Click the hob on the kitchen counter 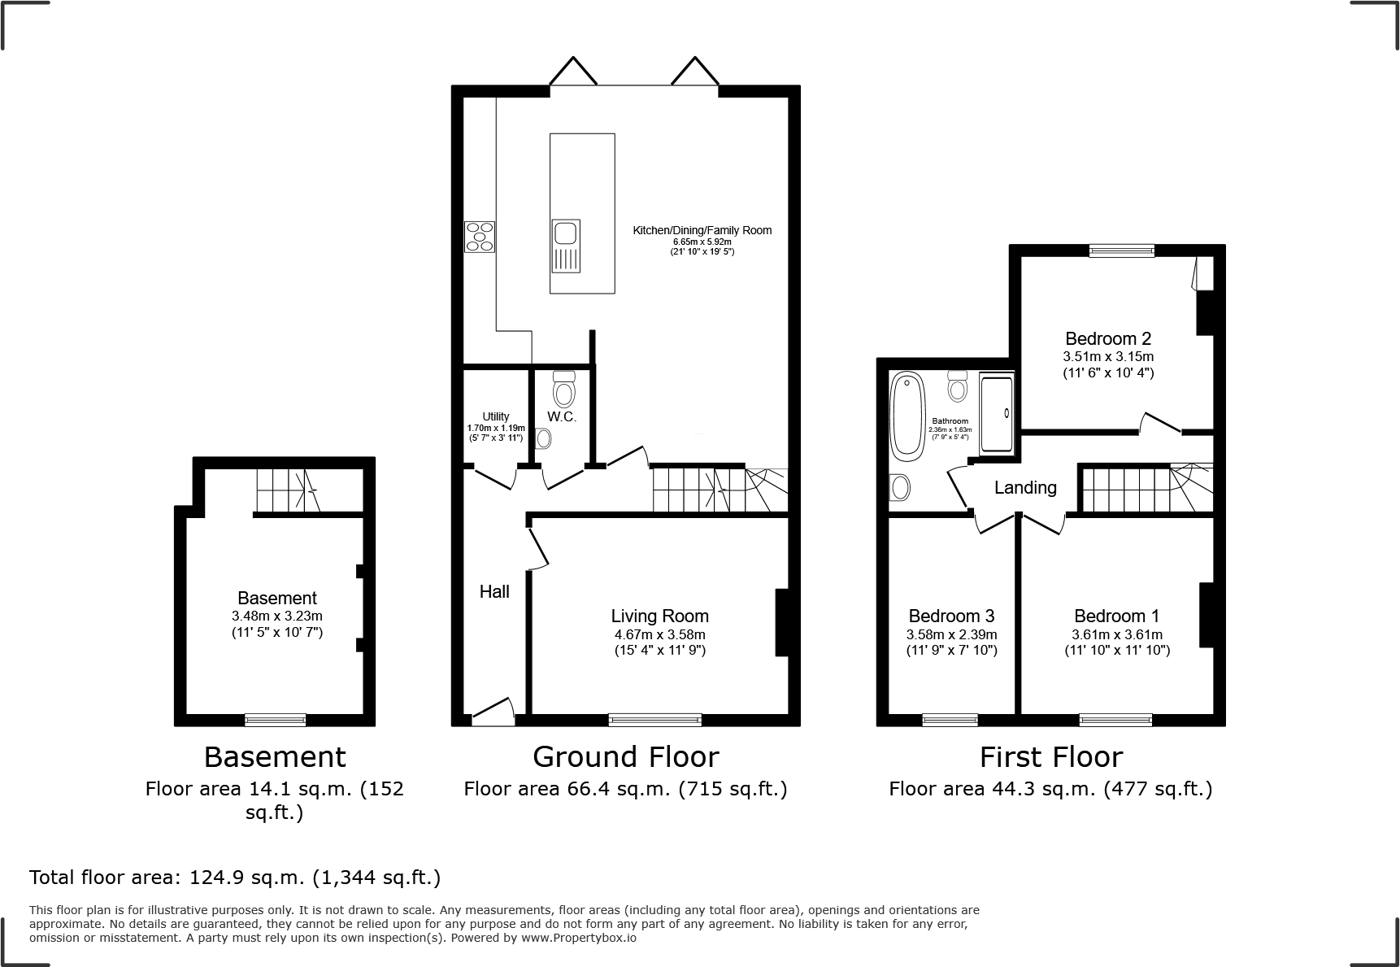coord(480,237)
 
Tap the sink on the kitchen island coord(565,246)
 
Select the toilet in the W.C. coord(563,390)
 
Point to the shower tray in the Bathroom coord(997,413)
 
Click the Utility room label coord(496,416)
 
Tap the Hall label coord(494,591)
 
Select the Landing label coord(1025,487)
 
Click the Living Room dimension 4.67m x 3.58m coord(659,634)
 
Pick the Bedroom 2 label coord(1108,338)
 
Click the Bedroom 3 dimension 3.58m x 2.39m coord(951,634)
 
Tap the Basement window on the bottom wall coord(276,720)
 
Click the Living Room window coord(655,720)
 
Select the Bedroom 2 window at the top coord(1121,250)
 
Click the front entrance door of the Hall coord(493,714)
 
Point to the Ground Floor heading coord(625,757)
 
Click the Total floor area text coord(235,878)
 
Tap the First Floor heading coord(1050,757)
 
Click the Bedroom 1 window coord(1115,720)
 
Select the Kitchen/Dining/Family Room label coord(702,230)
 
